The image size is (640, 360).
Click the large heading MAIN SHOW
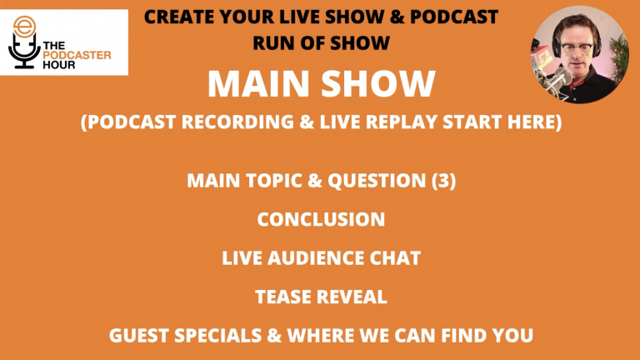tap(321, 83)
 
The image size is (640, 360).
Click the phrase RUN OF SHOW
tap(321, 38)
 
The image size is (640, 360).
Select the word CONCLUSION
tap(321, 219)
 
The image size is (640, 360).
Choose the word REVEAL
tap(352, 297)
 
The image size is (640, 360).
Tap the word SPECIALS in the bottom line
tap(212, 337)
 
